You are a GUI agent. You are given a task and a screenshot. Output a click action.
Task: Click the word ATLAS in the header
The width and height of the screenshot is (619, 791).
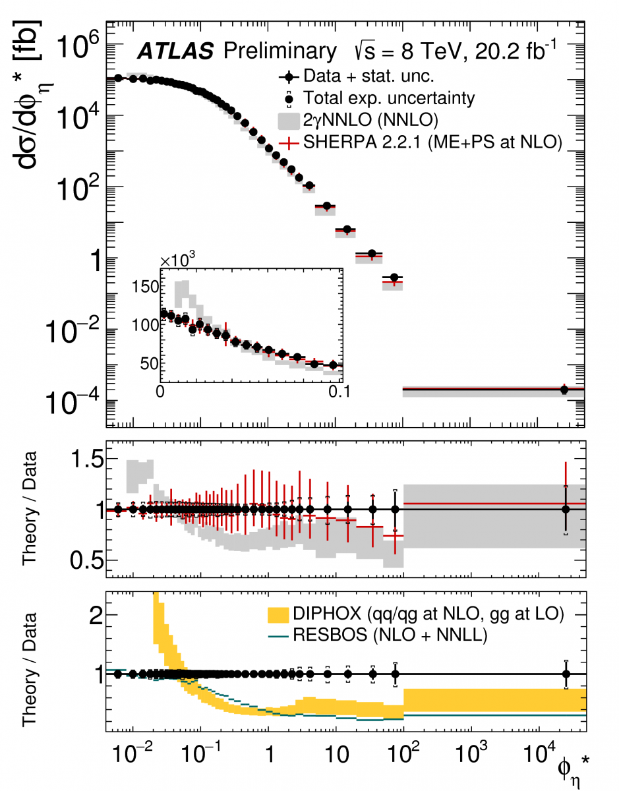(x=175, y=51)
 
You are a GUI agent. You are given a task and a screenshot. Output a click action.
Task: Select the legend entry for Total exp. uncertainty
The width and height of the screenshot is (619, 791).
(x=388, y=99)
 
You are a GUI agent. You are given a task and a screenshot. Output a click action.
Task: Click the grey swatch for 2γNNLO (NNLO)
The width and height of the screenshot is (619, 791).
(x=289, y=121)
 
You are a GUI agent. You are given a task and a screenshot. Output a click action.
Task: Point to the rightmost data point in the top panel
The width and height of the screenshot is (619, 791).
(x=564, y=390)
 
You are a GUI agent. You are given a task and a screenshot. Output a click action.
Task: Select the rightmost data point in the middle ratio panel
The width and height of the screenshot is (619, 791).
(x=566, y=509)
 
